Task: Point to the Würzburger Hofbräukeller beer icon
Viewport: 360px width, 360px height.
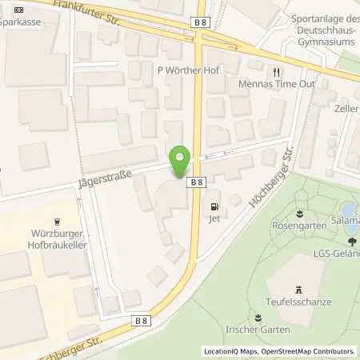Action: [57, 222]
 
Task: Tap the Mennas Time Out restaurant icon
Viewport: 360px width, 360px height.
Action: [277, 70]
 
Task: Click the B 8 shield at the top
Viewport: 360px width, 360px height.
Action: [202, 23]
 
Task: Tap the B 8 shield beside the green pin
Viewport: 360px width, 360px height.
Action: [197, 182]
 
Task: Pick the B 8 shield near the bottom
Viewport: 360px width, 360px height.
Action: [142, 321]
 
